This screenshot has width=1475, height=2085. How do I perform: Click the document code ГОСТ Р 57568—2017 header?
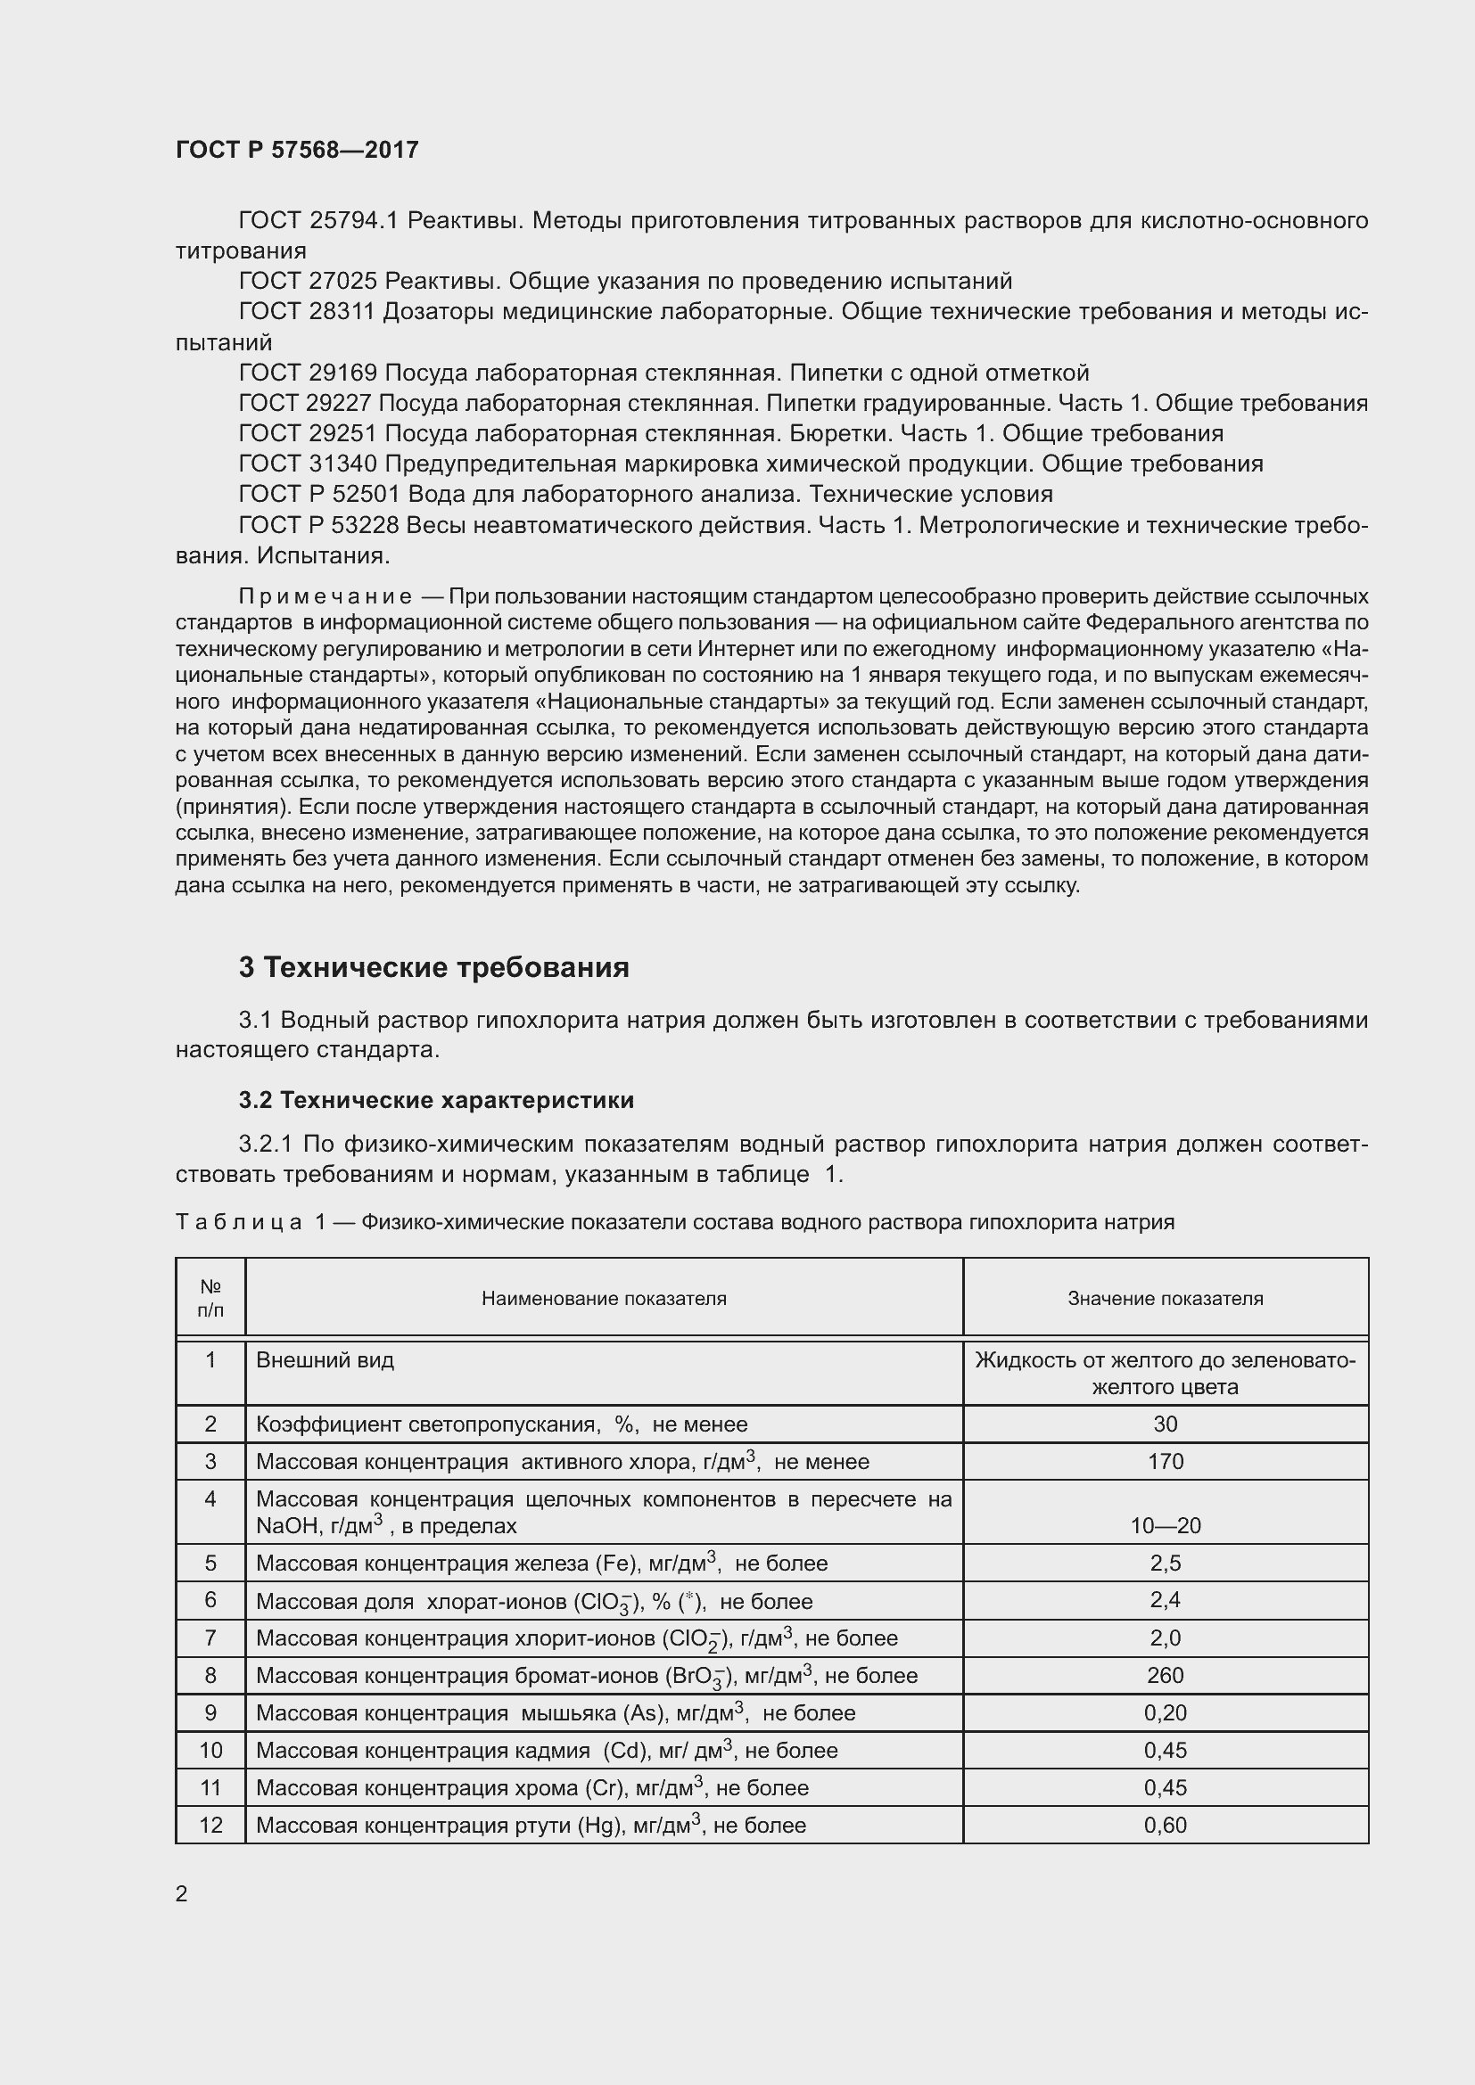[297, 150]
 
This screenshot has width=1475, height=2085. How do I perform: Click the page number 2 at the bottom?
[182, 1893]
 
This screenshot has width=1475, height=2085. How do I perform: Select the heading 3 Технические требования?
[433, 968]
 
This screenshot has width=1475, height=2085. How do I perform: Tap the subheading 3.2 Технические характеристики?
[436, 1101]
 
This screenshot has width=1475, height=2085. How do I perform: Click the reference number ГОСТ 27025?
[307, 282]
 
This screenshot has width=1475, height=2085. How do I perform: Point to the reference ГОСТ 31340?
[307, 464]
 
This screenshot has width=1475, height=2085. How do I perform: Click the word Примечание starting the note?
[325, 596]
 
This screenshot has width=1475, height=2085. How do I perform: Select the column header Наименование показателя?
[603, 1299]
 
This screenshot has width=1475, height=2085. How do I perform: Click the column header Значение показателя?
[1165, 1299]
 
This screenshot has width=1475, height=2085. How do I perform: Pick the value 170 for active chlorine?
[1165, 1461]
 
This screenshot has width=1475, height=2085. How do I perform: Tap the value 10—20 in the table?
[1165, 1525]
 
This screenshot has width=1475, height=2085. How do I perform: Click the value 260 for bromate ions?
[1165, 1675]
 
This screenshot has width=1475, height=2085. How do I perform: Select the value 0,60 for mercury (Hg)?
[1165, 1826]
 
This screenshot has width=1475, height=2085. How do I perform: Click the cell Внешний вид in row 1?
[325, 1360]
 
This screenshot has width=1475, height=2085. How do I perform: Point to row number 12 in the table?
[210, 1826]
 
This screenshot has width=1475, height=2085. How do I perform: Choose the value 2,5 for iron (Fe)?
[1165, 1563]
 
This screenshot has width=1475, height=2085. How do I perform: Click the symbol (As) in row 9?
[644, 1713]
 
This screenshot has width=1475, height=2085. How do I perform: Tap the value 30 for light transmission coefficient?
[1165, 1424]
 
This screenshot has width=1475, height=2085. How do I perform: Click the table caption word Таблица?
[238, 1222]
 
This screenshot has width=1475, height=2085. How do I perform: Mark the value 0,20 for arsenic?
[1165, 1712]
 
